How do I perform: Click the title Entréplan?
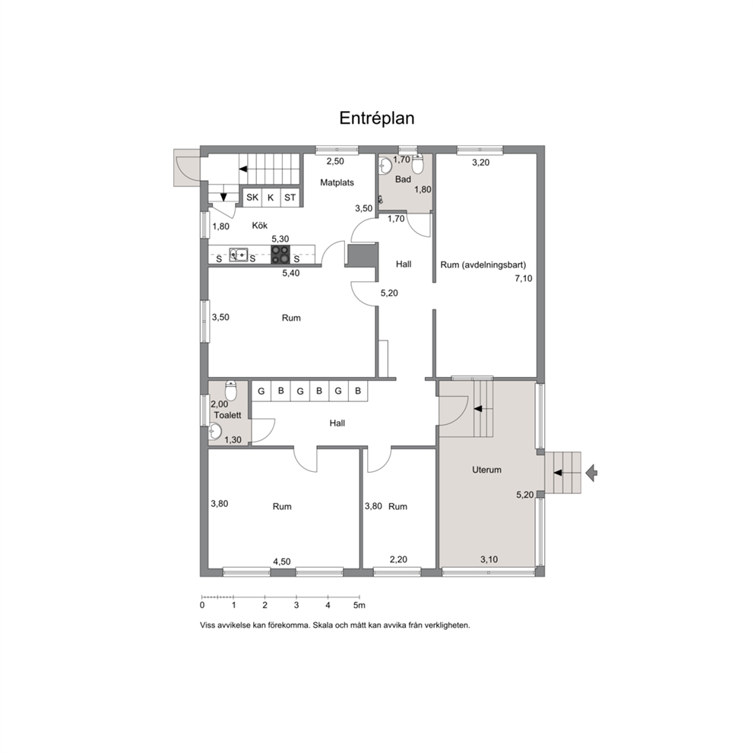pos(376,119)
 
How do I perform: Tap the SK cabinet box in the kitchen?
pos(252,198)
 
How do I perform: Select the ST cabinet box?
pos(290,198)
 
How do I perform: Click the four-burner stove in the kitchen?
pos(280,255)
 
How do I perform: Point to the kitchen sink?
pos(239,255)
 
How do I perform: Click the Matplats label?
pos(337,182)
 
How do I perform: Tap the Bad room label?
pos(403,179)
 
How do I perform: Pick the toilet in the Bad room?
pos(417,165)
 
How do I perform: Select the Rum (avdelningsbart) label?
pos(483,265)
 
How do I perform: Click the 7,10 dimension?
pos(524,278)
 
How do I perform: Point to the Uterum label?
pos(486,470)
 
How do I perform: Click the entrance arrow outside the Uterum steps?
pos(591,473)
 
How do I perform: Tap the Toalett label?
pos(227,415)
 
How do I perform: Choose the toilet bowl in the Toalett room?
pos(231,391)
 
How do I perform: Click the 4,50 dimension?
pos(282,562)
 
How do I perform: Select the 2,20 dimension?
pos(398,559)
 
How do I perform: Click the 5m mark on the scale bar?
pos(360,606)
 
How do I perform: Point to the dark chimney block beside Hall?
pos(362,255)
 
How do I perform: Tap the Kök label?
pos(260,226)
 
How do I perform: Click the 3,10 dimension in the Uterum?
pos(489,559)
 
